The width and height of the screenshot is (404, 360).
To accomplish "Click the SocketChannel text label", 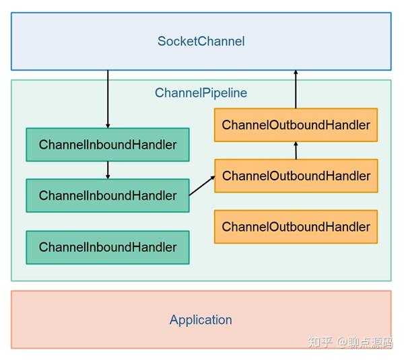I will pyautogui.click(x=201, y=41).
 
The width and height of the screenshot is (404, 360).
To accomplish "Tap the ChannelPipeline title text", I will pyautogui.click(x=201, y=93).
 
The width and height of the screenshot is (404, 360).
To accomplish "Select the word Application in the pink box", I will pyautogui.click(x=201, y=320).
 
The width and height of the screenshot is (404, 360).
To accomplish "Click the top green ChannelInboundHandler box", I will pyautogui.click(x=108, y=145).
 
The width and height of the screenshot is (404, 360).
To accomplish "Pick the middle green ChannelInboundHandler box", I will pyautogui.click(x=108, y=196).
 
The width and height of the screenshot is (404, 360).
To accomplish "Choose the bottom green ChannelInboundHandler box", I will pyautogui.click(x=108, y=247).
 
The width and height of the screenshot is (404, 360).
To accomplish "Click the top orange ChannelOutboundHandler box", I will pyautogui.click(x=296, y=125).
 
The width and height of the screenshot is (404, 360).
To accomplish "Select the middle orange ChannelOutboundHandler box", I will pyautogui.click(x=296, y=176).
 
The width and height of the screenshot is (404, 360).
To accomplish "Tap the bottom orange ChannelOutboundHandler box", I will pyautogui.click(x=296, y=227).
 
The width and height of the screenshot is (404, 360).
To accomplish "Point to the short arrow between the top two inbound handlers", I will pyautogui.click(x=108, y=170).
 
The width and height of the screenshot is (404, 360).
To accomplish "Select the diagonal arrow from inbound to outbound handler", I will pyautogui.click(x=202, y=185).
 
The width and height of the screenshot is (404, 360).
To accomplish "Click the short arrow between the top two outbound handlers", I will pyautogui.click(x=296, y=150).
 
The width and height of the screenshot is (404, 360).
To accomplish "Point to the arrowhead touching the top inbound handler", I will pyautogui.click(x=108, y=125).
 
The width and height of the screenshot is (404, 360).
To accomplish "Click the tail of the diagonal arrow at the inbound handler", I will pyautogui.click(x=191, y=194).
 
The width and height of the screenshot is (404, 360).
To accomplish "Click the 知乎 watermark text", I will pyautogui.click(x=320, y=343).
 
